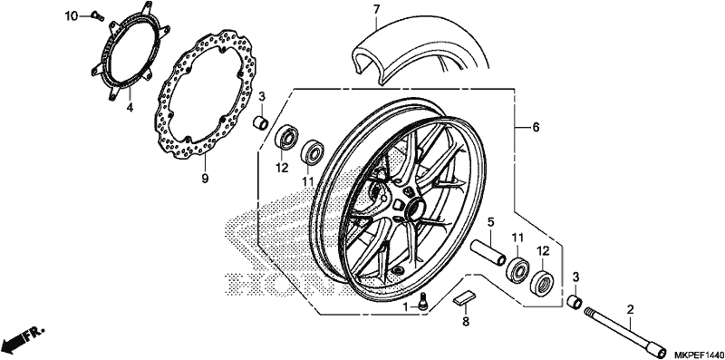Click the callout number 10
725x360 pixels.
72,16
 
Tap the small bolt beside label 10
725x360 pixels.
98,15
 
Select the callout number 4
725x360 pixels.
130,108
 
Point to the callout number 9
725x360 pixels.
205,178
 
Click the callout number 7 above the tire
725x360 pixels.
376,9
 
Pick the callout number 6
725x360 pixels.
536,127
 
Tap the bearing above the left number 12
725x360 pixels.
286,138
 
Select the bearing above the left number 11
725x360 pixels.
313,151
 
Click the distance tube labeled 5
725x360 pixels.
488,253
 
